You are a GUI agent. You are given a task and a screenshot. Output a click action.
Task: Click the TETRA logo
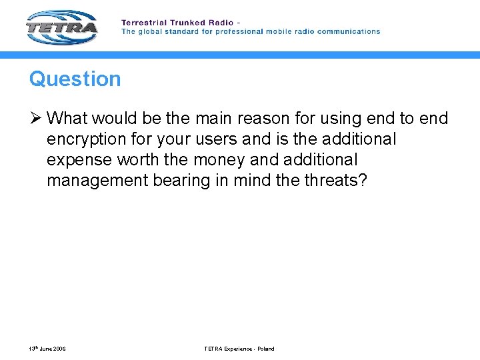tap(62, 27)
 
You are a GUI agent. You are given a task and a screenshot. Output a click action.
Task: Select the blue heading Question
tap(75, 79)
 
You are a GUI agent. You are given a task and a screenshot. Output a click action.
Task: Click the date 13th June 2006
tap(47, 349)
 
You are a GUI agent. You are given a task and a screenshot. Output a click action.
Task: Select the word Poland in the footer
tap(265, 349)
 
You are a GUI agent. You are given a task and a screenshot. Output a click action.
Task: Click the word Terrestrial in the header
tap(143, 23)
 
